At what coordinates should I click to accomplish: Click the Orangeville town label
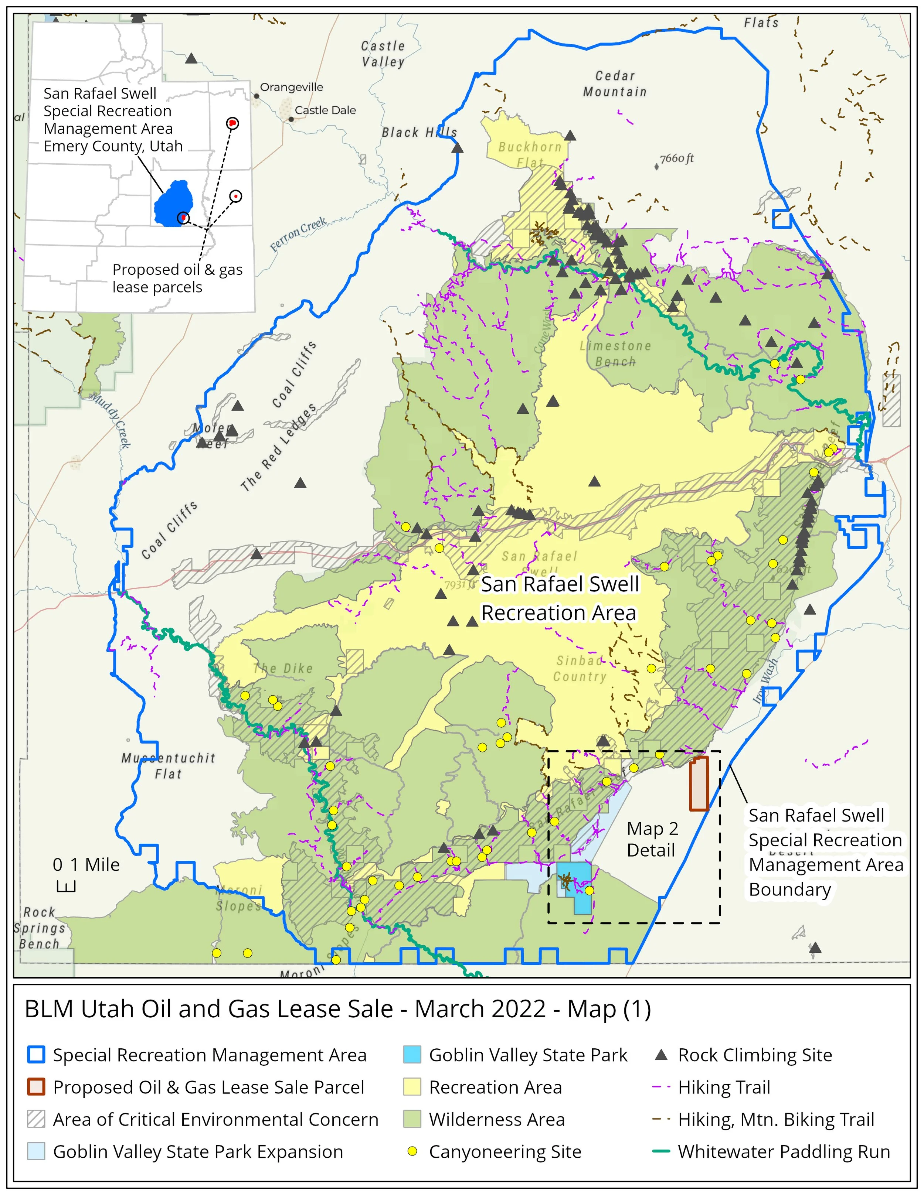291,87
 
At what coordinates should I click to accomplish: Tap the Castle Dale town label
325,110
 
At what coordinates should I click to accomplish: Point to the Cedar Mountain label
615,84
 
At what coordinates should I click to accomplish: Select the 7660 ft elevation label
677,159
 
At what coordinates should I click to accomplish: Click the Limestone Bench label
615,354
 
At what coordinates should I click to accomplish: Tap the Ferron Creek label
298,234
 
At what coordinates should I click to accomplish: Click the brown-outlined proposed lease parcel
699,783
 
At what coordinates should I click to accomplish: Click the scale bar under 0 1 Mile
66,887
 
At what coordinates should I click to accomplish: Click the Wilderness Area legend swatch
412,1119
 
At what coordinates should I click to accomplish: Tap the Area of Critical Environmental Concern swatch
36,1119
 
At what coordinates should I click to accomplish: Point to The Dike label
283,668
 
